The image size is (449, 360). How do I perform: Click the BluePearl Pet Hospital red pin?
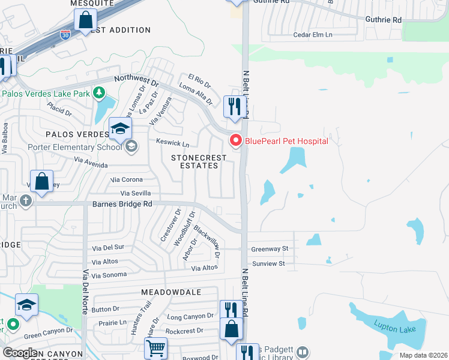coord(236,141)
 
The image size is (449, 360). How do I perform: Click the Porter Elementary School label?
coord(74,147)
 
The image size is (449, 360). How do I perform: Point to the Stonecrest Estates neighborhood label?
coord(199,161)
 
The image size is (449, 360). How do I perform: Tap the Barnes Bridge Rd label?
coord(122,204)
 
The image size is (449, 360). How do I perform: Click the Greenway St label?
coord(270,248)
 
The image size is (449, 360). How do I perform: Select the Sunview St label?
coord(268,263)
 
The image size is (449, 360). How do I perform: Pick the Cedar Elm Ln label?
coord(313,35)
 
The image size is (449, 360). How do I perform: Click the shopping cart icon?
coord(155,347)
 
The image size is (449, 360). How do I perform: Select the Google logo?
coord(20,352)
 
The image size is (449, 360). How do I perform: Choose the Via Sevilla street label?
coord(135,193)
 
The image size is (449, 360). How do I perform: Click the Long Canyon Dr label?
coord(190,316)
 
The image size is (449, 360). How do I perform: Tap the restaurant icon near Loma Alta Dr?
coord(232,106)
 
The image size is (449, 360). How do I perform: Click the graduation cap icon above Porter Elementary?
coord(120,128)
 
